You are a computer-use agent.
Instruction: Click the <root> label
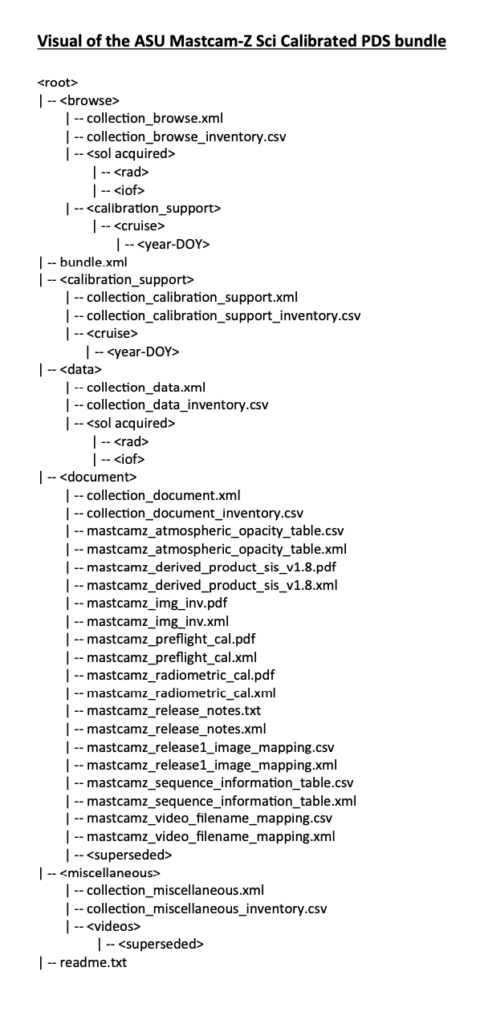(x=57, y=82)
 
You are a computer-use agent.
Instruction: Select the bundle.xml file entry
(x=93, y=262)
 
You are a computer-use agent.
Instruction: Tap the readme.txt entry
(x=93, y=962)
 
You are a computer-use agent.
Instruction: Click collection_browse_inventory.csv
(x=186, y=136)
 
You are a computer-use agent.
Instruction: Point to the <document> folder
(x=98, y=477)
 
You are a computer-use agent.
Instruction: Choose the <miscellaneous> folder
(x=110, y=872)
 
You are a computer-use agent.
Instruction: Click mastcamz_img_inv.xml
(x=157, y=621)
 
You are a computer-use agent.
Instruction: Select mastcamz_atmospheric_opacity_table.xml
(x=216, y=549)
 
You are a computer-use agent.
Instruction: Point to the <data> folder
(x=81, y=370)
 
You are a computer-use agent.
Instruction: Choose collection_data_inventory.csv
(x=177, y=406)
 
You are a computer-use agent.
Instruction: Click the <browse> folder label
(x=89, y=101)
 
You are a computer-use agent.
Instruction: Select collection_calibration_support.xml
(x=192, y=298)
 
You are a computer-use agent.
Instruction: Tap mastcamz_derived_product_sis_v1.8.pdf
(x=212, y=567)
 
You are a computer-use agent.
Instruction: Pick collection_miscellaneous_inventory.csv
(x=206, y=908)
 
